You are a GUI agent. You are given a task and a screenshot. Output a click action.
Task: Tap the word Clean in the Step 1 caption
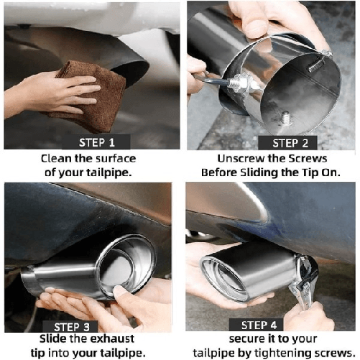coord(60,159)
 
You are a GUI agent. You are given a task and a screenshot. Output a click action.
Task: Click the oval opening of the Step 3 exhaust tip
coord(125,267)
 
